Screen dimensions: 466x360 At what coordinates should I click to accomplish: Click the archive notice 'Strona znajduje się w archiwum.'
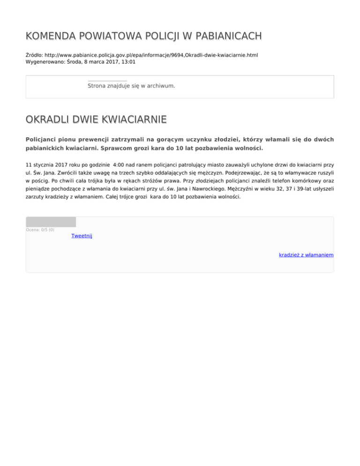(131, 86)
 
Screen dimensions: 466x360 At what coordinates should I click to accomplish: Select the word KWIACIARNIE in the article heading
(134, 120)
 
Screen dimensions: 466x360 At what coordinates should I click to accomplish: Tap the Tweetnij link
(82, 236)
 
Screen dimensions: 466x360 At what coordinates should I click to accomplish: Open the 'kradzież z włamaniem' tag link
(306, 255)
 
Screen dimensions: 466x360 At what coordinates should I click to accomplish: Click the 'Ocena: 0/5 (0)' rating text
(40, 230)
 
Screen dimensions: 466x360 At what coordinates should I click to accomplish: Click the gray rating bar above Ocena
(51, 222)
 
